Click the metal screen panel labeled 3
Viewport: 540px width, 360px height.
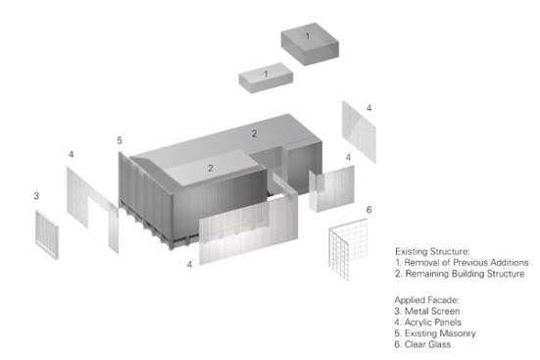[47, 234]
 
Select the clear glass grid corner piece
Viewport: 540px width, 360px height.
[347, 249]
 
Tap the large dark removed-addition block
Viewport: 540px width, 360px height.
[310, 44]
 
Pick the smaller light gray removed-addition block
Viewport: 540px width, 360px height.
[266, 77]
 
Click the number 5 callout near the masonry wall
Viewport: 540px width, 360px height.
[120, 140]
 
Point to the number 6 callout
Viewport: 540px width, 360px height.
[368, 209]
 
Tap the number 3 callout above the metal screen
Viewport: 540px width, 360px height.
[36, 196]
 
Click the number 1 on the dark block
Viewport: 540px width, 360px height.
[308, 36]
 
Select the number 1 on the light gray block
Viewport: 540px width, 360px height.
[266, 75]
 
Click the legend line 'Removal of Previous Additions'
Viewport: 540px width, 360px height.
[462, 263]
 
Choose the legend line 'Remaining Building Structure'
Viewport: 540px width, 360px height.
[460, 274]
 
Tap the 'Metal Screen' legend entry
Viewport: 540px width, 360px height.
[427, 311]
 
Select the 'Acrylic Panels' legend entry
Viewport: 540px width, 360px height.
[427, 322]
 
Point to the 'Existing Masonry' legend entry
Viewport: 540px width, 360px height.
[435, 334]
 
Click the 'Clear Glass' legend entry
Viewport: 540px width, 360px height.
[422, 344]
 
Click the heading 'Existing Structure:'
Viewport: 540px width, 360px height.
[432, 251]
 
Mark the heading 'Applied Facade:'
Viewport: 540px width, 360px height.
[427, 300]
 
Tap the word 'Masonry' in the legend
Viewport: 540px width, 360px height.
[458, 334]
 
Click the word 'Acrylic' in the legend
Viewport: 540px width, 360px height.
[417, 323]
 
